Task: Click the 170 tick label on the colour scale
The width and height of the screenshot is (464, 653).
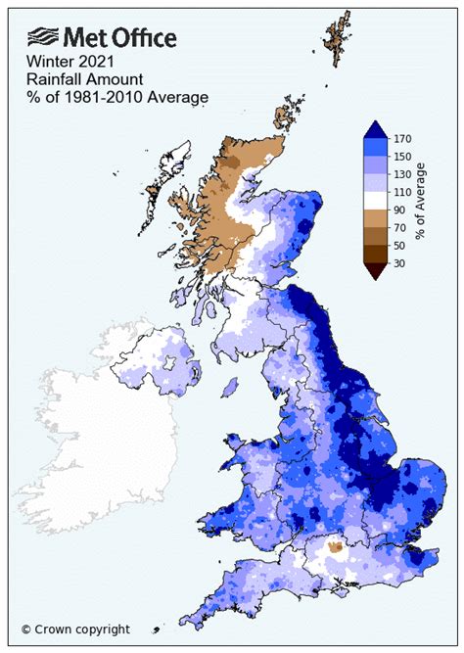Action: click(x=401, y=137)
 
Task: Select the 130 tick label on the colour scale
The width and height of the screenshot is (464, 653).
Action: click(x=401, y=173)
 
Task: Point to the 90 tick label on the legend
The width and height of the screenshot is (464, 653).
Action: click(x=398, y=210)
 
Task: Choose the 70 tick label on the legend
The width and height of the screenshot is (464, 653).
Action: click(x=398, y=227)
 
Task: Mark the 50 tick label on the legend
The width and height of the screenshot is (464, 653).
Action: click(x=398, y=245)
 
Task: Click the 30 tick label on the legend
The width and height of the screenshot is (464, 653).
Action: click(x=398, y=263)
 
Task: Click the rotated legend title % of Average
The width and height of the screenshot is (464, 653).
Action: click(x=422, y=200)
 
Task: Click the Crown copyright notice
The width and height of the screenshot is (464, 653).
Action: click(x=75, y=630)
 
